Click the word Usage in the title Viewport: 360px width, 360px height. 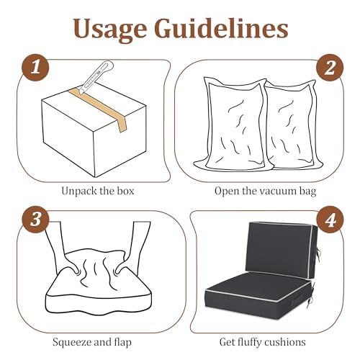pyautogui.click(x=110, y=30)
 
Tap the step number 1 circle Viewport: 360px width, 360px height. pyautogui.click(x=35, y=67)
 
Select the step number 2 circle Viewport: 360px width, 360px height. pyautogui.click(x=330, y=68)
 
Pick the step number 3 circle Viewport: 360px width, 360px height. pyautogui.click(x=35, y=219)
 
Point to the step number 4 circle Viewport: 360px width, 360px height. pyautogui.click(x=330, y=219)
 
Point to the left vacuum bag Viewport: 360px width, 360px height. pyautogui.click(x=232, y=125)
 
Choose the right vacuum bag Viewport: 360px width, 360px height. pyautogui.click(x=294, y=125)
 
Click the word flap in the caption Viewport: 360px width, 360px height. pyautogui.click(x=122, y=342)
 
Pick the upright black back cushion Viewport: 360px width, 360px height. pyautogui.click(x=281, y=251)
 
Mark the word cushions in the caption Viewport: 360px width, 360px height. pyautogui.click(x=287, y=342)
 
